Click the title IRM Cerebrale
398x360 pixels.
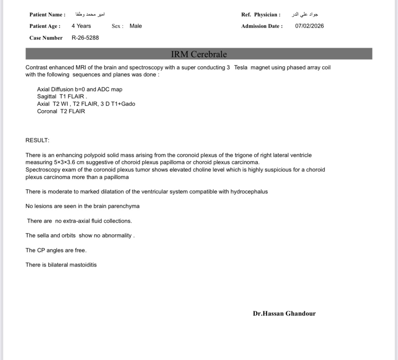pos(199,54)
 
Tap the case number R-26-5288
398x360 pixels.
pos(85,38)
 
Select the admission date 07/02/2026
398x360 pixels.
pos(309,26)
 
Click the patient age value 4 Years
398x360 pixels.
pos(81,26)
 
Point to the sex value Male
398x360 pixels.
pos(136,26)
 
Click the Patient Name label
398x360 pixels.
pos(47,15)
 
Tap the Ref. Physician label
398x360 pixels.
pos(261,15)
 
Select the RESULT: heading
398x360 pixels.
pos(37,140)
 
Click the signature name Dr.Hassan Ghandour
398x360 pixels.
pos(284,313)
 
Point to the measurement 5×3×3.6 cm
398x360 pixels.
pos(69,162)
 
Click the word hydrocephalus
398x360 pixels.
pos(249,192)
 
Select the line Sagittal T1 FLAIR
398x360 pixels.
pos(62,96)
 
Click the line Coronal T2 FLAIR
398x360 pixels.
pos(61,111)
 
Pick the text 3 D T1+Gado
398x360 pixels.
pos(118,104)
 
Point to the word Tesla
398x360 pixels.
pos(241,67)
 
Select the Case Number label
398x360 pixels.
pos(46,38)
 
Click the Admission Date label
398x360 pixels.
pos(262,26)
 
